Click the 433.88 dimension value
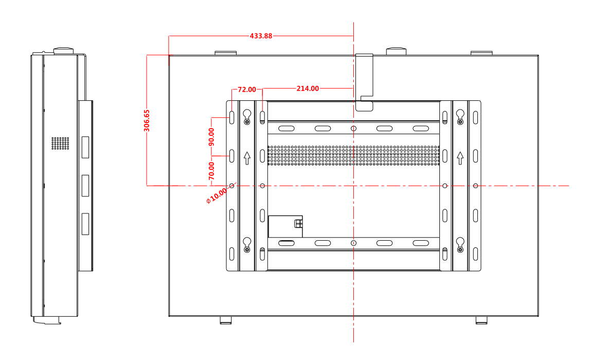pos(261,36)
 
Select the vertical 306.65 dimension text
pos(147,120)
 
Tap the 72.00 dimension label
pos(246,89)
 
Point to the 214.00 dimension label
pos(308,88)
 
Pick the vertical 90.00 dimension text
pos(211,137)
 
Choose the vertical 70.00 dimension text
pos(211,170)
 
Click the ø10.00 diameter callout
pos(216,196)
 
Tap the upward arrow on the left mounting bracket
pos(247,157)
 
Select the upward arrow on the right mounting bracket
pos(460,157)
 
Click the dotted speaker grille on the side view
pos(60,143)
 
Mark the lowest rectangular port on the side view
pos(85,224)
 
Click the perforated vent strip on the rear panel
pos(353,155)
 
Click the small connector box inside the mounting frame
pos(285,226)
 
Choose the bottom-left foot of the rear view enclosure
pos(225,320)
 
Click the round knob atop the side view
pos(64,50)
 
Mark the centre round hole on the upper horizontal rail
pos(353,129)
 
